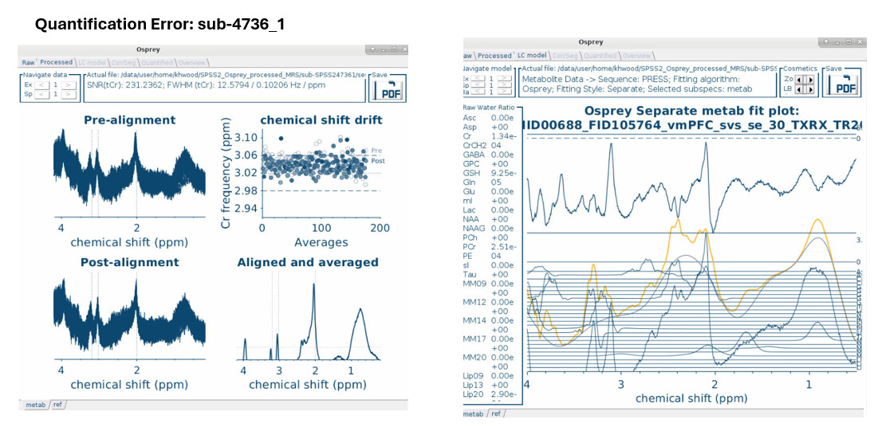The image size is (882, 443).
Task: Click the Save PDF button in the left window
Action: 388,88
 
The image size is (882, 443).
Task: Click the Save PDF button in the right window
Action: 842,84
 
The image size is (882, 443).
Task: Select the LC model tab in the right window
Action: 532,56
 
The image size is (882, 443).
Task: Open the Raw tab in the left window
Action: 29,62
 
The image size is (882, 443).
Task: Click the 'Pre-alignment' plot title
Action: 129,120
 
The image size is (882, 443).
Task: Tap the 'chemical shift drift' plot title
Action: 321,120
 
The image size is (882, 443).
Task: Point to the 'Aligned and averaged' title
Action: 308,262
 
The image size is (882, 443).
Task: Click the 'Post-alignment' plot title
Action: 129,262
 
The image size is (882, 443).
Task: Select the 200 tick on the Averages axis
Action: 380,228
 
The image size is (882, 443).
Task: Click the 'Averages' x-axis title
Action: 321,241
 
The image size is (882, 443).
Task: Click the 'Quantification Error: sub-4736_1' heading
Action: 159,25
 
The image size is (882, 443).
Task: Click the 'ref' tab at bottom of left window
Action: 57,405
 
